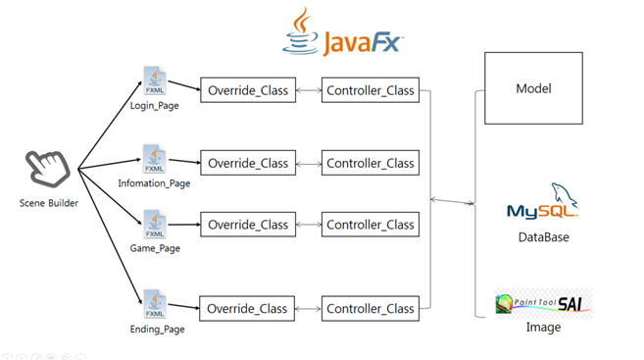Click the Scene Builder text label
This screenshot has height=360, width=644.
tap(47, 203)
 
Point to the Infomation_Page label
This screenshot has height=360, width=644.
tap(156, 182)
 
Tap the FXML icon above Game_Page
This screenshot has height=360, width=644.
tap(155, 224)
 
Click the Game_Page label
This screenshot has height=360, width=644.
tap(156, 248)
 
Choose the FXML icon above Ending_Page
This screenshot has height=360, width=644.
tap(155, 304)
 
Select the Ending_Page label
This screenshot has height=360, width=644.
tap(156, 329)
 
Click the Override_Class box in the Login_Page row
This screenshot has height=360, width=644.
tap(247, 90)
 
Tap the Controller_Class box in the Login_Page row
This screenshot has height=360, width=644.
tap(371, 90)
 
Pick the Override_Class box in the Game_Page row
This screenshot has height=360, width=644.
tap(247, 225)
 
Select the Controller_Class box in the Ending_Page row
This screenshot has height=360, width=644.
tap(371, 308)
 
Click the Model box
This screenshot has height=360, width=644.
tap(534, 89)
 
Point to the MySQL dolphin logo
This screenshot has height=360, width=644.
tap(542, 202)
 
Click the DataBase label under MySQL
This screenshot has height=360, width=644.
tap(543, 237)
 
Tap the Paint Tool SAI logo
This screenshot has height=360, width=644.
tap(543, 303)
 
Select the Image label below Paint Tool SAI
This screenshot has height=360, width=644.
tap(543, 327)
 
